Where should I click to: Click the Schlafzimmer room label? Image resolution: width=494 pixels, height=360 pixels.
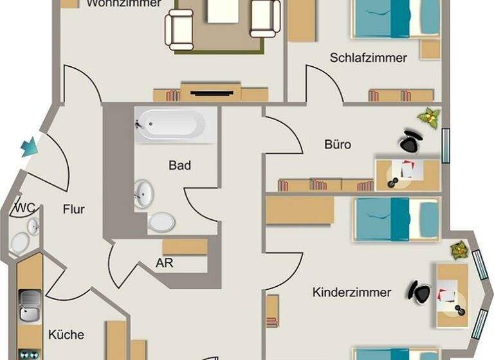368,58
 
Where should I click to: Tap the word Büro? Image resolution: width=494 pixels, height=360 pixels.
338,145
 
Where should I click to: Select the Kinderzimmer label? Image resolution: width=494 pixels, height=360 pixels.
351,292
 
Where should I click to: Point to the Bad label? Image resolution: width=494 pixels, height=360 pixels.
179,165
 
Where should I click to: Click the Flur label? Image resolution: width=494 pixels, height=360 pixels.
74,209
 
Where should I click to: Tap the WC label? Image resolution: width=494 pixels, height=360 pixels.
24,208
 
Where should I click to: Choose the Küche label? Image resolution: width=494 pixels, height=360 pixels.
66,334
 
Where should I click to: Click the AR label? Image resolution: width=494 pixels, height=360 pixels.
164,263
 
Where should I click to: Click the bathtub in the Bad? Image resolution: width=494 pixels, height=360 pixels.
170,124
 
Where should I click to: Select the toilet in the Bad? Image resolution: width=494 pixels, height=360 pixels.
161,222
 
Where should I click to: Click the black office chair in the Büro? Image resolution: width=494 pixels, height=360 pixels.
410,141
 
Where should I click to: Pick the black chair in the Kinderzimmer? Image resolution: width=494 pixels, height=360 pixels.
419,292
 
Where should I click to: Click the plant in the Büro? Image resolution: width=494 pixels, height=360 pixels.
428,118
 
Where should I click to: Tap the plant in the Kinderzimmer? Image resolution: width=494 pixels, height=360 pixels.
459,249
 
